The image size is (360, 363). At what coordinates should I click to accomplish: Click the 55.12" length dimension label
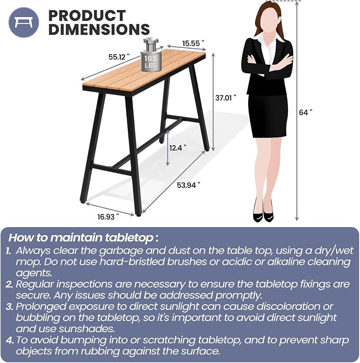pos(119,57)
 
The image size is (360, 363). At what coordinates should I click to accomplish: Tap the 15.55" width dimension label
pos(194,44)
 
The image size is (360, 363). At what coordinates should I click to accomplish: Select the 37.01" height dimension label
pos(226,98)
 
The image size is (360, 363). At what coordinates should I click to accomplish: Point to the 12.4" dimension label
pos(178,148)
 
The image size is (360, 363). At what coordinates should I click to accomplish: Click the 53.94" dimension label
pos(188,185)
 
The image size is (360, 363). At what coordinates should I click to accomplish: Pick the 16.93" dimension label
pos(108,217)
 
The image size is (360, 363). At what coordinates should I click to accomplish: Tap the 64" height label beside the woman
pos(305,113)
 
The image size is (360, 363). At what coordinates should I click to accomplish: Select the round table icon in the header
pos(24,22)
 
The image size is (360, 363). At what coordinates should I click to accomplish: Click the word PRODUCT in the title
pos(87,16)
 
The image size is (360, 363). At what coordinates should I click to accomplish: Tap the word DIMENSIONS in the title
pos(99,29)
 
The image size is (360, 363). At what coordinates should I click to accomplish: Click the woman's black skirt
pos(268,116)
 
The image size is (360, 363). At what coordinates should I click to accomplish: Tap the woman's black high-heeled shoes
pos(263,212)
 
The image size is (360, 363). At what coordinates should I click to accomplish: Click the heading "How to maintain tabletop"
pos(83,238)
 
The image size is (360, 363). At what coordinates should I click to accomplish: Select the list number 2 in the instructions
pos(9,284)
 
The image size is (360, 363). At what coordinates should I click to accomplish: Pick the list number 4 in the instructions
pos(10,340)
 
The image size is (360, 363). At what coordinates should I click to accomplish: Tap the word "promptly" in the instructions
pos(239,296)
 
